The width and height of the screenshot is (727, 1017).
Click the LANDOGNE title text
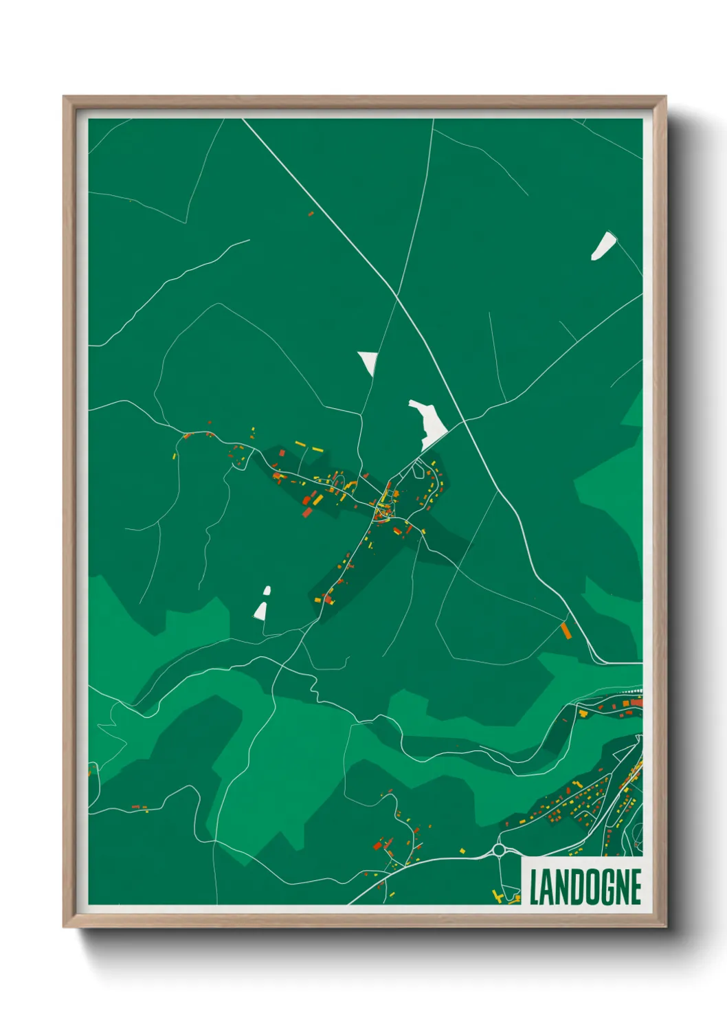point(585,886)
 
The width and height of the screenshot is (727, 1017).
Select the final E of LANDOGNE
point(636,886)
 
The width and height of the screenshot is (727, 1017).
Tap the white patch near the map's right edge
point(603,246)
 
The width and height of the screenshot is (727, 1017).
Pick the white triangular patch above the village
point(368,361)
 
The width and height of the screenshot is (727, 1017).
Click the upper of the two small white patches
point(267,590)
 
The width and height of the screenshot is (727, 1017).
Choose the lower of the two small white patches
point(260,610)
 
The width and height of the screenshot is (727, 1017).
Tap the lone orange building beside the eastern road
point(566,630)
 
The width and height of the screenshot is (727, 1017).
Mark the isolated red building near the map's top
point(311,214)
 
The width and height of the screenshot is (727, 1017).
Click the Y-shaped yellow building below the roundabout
point(496,895)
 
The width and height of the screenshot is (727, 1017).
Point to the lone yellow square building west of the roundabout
point(462,851)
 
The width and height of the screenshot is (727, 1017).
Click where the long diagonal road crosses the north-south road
point(397,296)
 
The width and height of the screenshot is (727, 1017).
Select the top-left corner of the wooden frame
point(64,97)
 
